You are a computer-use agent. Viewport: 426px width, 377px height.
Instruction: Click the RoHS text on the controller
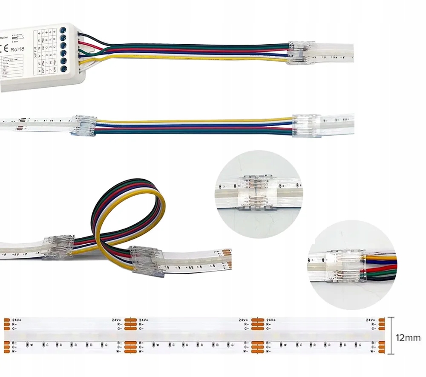(x=17, y=49)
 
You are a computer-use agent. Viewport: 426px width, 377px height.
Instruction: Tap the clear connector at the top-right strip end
(x=302, y=53)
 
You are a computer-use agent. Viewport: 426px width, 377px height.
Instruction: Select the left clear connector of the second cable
(x=83, y=126)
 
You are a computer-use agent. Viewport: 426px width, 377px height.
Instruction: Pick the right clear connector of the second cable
(x=305, y=126)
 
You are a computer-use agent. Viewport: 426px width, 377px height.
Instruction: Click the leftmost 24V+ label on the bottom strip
(x=17, y=319)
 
